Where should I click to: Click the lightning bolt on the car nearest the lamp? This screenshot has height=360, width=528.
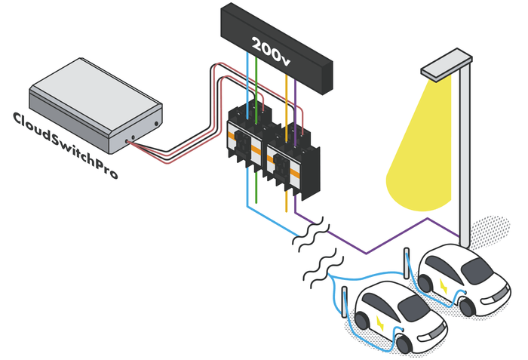(x=443, y=284)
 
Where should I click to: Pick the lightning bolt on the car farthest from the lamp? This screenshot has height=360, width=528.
(x=381, y=322)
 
